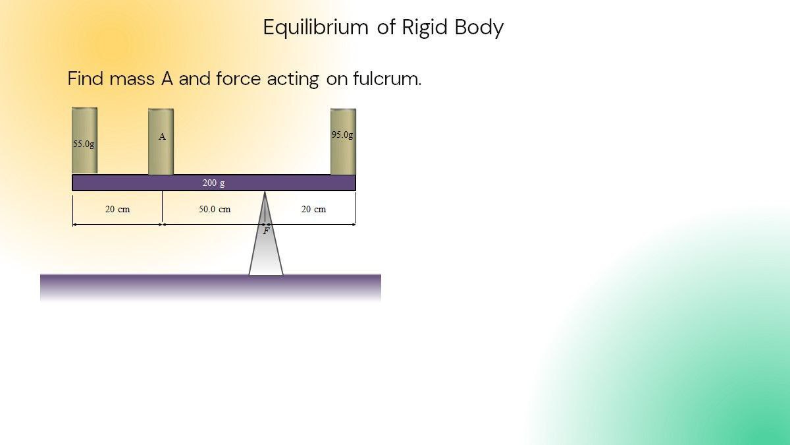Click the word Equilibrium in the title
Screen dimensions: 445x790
pyautogui.click(x=315, y=28)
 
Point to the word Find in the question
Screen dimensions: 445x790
pyautogui.click(x=86, y=79)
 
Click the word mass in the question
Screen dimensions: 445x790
pyautogui.click(x=132, y=79)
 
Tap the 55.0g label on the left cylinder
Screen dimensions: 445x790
pyautogui.click(x=84, y=144)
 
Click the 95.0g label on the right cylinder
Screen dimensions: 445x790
pyautogui.click(x=342, y=134)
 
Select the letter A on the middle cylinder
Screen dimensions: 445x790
pyautogui.click(x=162, y=137)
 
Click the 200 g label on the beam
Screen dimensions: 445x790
pyautogui.click(x=213, y=183)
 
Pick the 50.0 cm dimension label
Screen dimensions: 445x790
pyautogui.click(x=215, y=209)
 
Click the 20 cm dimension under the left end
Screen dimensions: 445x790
pyautogui.click(x=117, y=209)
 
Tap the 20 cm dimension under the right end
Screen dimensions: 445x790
pyautogui.click(x=313, y=209)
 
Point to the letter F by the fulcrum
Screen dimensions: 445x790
pyautogui.click(x=266, y=231)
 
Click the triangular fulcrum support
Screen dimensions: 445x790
pyautogui.click(x=266, y=254)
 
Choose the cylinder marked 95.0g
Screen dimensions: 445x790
pyautogui.click(x=343, y=155)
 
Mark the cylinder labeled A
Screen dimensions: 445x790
pyautogui.click(x=161, y=155)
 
